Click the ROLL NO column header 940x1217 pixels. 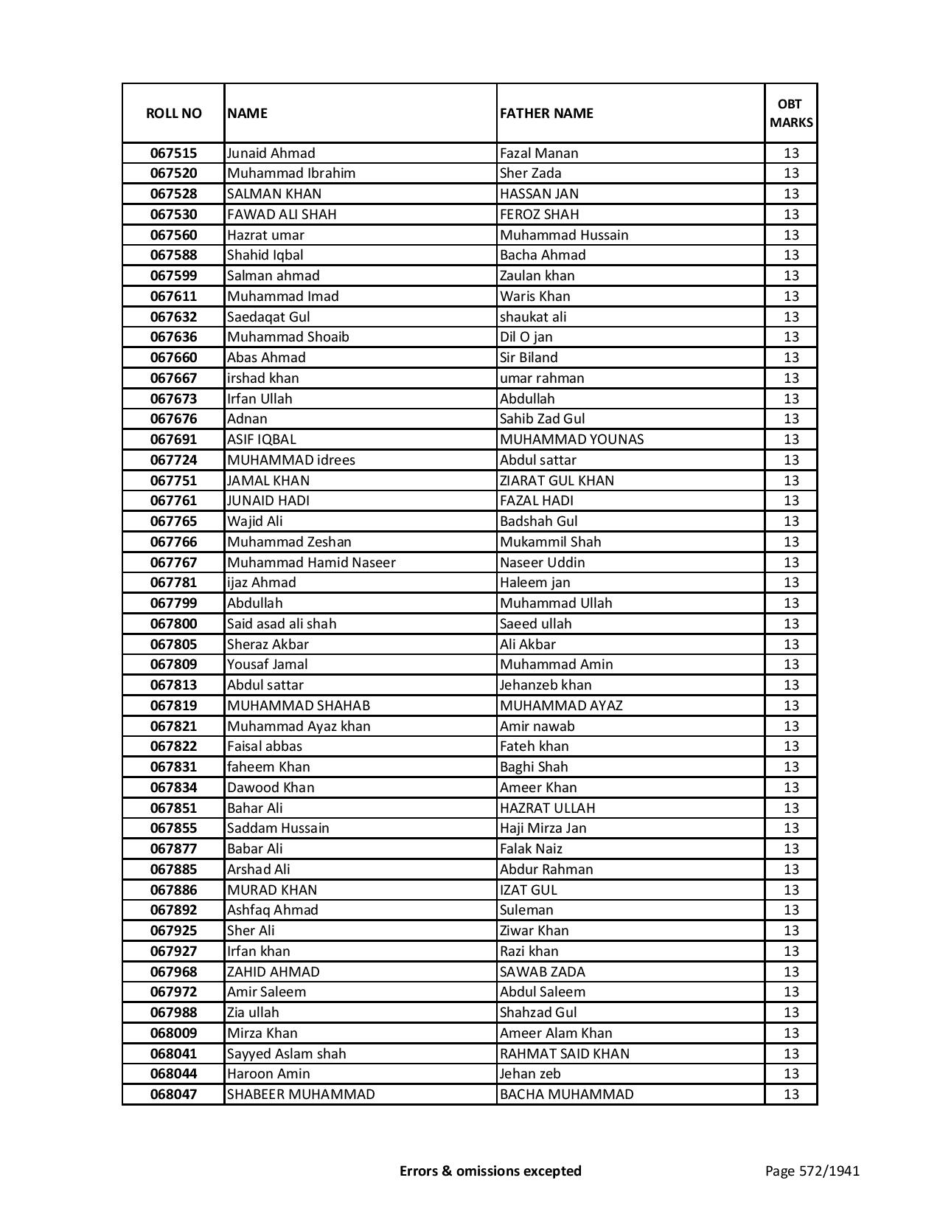tap(173, 113)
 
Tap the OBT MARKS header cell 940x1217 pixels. tap(791, 113)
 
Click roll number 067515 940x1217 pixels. tap(173, 153)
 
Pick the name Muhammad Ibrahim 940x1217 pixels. tap(291, 173)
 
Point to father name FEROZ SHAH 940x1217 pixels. tap(540, 215)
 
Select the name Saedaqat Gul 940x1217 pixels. tap(268, 317)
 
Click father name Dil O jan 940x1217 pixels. tap(526, 337)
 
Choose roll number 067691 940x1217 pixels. tap(173, 440)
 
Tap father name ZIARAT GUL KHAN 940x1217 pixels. tap(557, 481)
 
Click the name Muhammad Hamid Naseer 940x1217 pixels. tap(311, 563)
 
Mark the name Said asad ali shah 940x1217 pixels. tap(282, 624)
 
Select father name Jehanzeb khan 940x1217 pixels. tap(546, 685)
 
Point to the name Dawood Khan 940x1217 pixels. tap(271, 788)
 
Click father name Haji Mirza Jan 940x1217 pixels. tap(543, 828)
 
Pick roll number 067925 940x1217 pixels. tap(173, 931)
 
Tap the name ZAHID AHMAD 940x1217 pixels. tap(274, 972)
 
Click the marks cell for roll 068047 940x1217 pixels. tap(791, 1095)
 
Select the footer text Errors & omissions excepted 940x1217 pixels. tap(490, 1171)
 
